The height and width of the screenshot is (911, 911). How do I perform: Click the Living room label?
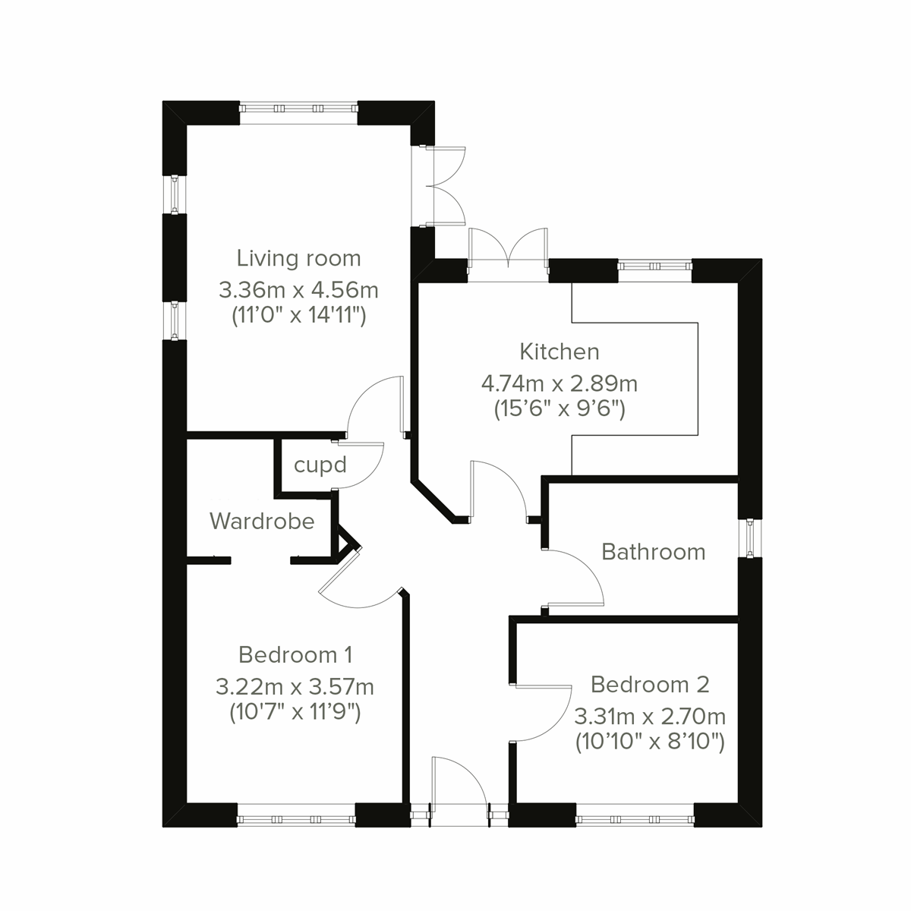(x=298, y=258)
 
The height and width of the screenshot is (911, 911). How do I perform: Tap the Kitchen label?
(x=560, y=351)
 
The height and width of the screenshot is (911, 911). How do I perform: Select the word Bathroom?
(x=653, y=552)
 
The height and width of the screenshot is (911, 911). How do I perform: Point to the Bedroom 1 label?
(x=295, y=654)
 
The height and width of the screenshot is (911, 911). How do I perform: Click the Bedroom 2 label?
(x=650, y=685)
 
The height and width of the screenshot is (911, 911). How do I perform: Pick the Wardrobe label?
(x=262, y=521)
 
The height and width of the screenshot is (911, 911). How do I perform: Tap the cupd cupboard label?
(x=320, y=465)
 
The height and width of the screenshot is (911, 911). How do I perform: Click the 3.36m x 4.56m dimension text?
(x=298, y=289)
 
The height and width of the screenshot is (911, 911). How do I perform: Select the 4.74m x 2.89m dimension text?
(x=560, y=383)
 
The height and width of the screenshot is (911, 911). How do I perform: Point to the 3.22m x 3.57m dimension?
(x=295, y=687)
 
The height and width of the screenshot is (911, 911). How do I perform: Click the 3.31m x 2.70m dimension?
(x=650, y=716)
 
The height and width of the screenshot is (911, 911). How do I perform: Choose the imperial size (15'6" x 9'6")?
(x=560, y=410)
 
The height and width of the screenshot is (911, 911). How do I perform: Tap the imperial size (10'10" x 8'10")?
(x=650, y=741)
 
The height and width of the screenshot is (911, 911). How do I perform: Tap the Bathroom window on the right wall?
(x=750, y=537)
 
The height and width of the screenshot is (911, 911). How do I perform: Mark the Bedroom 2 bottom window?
(x=635, y=819)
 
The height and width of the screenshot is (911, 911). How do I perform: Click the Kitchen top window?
(x=654, y=266)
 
